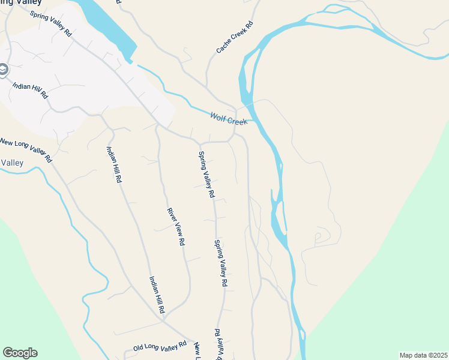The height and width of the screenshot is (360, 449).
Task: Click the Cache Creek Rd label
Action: pos(235,37)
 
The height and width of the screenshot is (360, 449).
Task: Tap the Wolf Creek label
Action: pos(229,119)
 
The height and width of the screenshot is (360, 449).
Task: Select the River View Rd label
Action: pos(175,227)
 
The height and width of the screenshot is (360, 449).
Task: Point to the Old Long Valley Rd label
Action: pos(160,347)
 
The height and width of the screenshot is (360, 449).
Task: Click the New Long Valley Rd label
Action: pos(25,151)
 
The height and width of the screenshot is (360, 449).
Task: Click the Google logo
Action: pos(20,353)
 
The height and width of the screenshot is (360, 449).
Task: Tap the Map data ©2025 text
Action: pos(423,355)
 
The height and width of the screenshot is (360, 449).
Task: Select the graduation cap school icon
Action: pos(3,71)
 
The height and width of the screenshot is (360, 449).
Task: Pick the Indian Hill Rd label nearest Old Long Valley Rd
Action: pos(157,296)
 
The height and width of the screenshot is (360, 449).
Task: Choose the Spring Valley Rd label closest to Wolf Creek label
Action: pos(206,174)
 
